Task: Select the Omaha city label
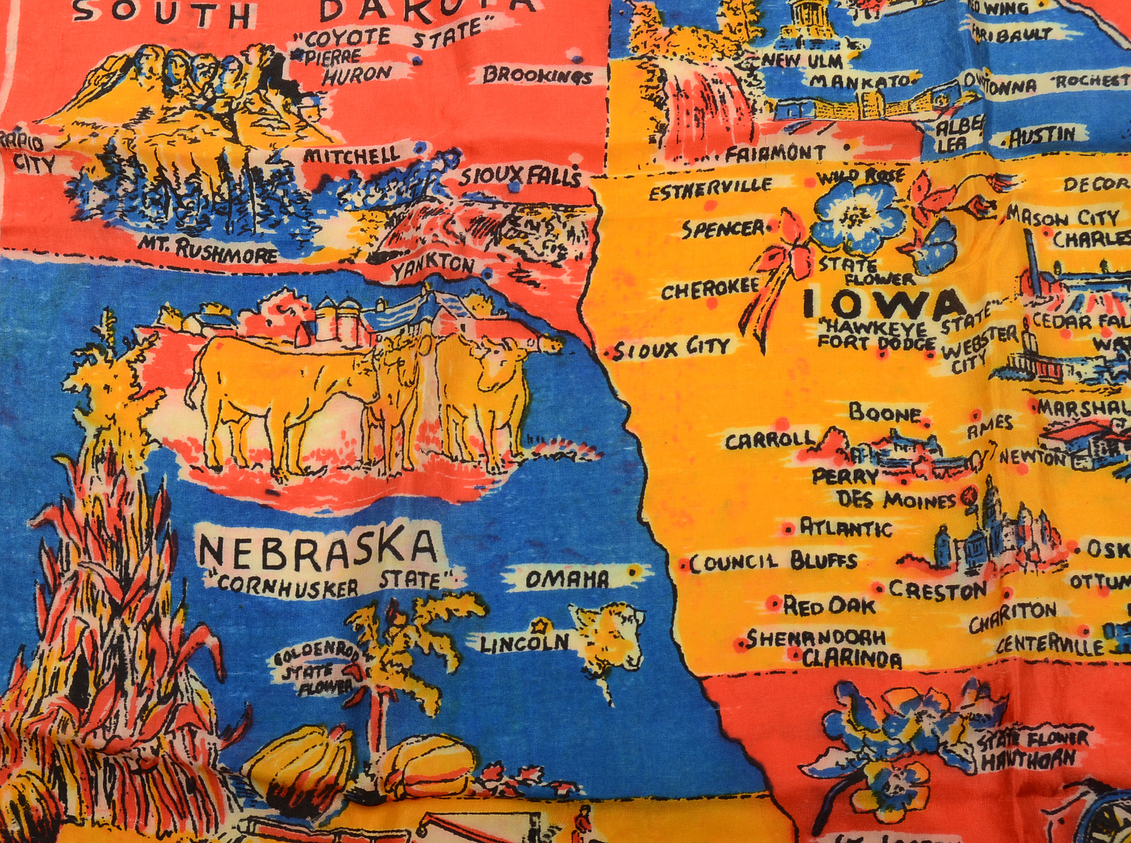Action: click(x=567, y=580)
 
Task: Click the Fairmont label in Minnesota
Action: click(x=775, y=152)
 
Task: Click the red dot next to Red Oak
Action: click(x=774, y=603)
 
